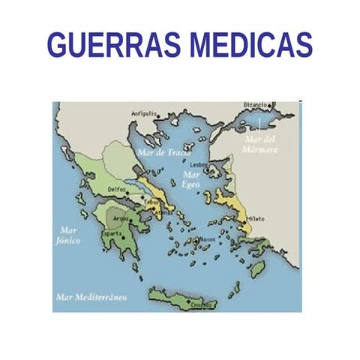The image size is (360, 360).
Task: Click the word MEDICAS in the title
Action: (250, 44)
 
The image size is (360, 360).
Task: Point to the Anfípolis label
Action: (144, 114)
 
